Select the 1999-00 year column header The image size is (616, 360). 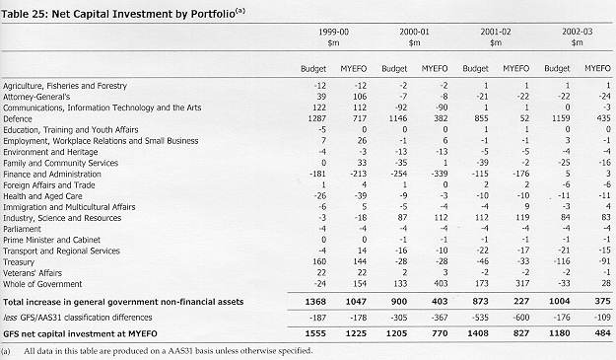[x=333, y=32]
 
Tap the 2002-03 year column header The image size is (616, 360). [x=578, y=32]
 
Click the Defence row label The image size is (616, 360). [x=18, y=118]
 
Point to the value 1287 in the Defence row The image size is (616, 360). [x=317, y=118]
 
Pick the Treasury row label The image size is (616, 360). [x=19, y=262]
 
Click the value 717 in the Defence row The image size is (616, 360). [x=360, y=118]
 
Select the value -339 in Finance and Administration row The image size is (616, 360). [x=439, y=174]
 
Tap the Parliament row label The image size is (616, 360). [x=22, y=229]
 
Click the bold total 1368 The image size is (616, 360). [x=315, y=302]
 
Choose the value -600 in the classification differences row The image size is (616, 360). [x=520, y=318]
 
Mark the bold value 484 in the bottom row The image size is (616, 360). [x=602, y=333]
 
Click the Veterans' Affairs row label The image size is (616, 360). [x=33, y=273]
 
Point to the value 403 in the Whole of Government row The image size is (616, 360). [x=440, y=283]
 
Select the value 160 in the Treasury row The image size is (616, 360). [x=319, y=261]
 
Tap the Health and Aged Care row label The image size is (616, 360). [x=42, y=196]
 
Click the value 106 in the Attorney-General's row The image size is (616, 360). [x=360, y=97]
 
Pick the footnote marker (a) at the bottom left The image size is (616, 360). [x=6, y=351]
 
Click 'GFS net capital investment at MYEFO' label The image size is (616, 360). [x=80, y=334]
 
